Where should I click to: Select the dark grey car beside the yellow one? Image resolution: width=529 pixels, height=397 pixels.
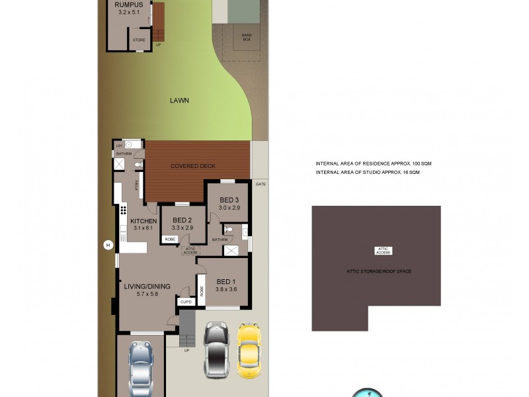point(216,349)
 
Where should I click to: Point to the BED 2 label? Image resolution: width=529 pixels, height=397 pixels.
point(182,220)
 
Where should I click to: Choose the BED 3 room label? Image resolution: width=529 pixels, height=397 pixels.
point(229,200)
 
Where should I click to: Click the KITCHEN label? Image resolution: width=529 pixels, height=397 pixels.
point(143,221)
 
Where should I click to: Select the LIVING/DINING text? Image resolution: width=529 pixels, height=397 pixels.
point(147,287)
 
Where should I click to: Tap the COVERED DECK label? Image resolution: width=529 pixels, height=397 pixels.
point(193,166)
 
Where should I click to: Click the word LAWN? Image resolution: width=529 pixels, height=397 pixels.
point(179,101)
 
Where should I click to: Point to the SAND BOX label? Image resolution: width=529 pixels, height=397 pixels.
point(246,36)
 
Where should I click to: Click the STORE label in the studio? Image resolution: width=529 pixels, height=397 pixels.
point(139,40)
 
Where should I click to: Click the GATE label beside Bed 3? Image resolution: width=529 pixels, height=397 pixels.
point(261,184)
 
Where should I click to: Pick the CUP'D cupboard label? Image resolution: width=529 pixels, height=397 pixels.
point(186,302)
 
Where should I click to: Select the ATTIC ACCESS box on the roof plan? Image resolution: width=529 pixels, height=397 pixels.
point(384,250)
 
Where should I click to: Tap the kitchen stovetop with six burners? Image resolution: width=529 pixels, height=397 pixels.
point(123,212)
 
